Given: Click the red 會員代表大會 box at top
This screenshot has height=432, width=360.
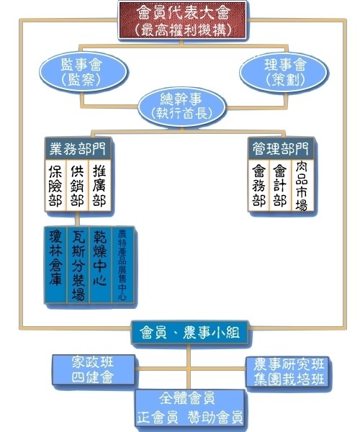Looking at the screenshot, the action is click(x=182, y=20).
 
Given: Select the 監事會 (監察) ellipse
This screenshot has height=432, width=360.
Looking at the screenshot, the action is click(x=83, y=71).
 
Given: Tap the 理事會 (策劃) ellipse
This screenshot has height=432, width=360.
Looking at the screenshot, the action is click(x=284, y=71).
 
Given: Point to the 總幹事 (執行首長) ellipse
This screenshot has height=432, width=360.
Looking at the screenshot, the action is click(x=181, y=107).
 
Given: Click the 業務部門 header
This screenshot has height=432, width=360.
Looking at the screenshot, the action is click(x=78, y=148).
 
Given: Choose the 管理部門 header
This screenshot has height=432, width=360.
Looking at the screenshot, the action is click(x=281, y=148).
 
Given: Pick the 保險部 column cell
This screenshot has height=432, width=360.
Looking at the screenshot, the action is click(x=56, y=186).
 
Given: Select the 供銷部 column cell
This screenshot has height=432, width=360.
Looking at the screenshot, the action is click(x=77, y=186).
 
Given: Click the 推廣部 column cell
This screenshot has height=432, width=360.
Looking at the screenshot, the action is click(x=99, y=186).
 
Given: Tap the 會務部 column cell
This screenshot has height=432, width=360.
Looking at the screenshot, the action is click(x=258, y=186).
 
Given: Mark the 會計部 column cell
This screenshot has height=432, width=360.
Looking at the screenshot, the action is click(x=280, y=186).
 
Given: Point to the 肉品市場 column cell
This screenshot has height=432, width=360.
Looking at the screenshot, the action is click(x=302, y=186).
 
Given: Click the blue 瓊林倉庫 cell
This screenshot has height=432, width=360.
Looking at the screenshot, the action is click(x=55, y=265).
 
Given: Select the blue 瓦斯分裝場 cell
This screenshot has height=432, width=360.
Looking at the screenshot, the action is click(x=78, y=265).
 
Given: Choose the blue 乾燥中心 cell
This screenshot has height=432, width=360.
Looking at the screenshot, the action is click(x=101, y=265).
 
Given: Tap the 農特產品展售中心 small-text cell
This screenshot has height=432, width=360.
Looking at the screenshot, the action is click(x=123, y=265).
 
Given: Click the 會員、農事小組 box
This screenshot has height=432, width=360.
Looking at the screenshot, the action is click(x=189, y=332).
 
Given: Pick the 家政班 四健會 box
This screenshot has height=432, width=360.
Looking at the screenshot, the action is click(x=94, y=369).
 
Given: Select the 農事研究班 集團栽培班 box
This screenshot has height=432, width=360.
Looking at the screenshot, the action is click(x=288, y=372).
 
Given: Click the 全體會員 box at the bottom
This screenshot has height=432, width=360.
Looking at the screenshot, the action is click(x=189, y=410).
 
